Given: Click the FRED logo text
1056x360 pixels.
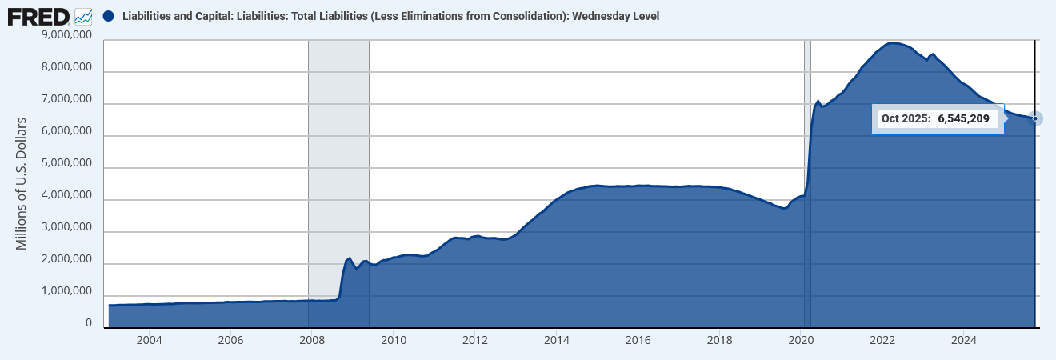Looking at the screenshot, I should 38,15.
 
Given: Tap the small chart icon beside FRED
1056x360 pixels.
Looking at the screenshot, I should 83,15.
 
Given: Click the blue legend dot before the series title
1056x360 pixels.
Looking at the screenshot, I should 109,16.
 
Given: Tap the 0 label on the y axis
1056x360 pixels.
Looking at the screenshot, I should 89,324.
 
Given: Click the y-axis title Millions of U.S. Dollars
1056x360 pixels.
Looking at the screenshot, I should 22,183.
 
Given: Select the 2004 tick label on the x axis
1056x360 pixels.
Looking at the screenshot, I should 149,339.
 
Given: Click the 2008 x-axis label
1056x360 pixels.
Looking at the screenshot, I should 312,339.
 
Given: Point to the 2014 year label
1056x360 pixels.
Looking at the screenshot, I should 557,339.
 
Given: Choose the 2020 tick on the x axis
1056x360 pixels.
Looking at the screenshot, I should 802,339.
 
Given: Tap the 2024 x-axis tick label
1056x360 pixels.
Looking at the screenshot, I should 964,339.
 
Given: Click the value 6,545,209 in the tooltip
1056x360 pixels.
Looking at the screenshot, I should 964,119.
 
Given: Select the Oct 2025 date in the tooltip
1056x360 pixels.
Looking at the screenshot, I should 906,119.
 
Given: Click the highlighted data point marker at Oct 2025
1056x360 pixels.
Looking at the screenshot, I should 1035,118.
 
